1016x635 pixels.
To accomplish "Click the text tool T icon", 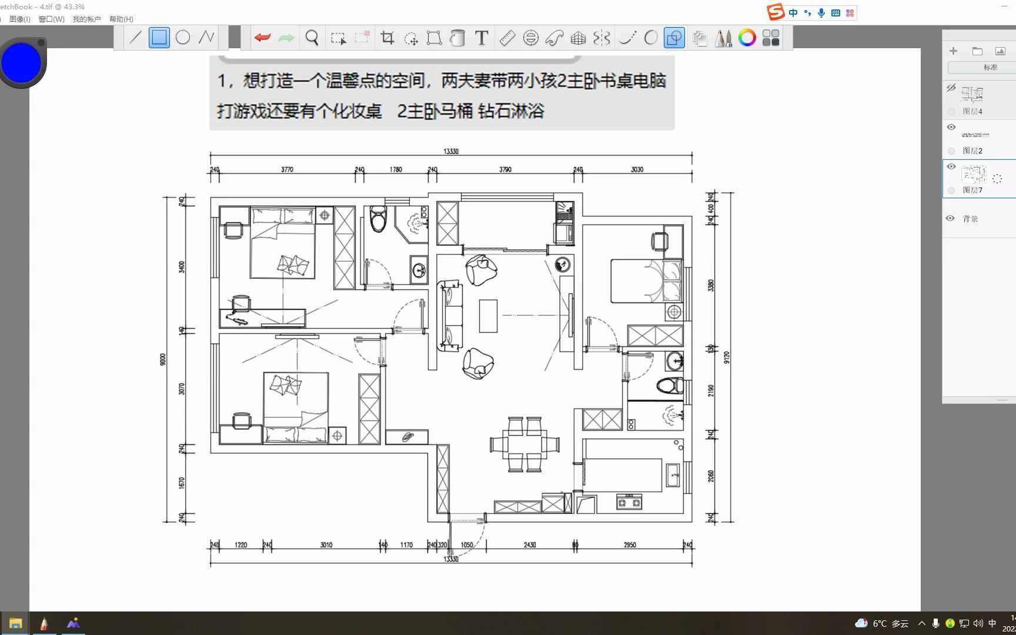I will point(482,38).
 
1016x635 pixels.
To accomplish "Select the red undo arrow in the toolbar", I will point(262,38).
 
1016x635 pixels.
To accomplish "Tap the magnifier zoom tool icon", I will point(312,38).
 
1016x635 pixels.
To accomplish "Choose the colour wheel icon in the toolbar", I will point(747,38).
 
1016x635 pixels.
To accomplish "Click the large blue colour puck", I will point(21,63).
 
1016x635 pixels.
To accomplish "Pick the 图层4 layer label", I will point(972,111).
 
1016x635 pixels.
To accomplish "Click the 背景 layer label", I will point(970,219).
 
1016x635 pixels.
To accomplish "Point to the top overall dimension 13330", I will point(451,152).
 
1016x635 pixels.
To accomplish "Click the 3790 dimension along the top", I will point(505,169).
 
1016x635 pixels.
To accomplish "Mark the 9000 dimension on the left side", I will point(163,359).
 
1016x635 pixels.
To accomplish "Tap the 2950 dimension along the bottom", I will point(630,545).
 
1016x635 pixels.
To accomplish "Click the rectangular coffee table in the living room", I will point(488,316).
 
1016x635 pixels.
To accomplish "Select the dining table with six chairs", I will point(524,444).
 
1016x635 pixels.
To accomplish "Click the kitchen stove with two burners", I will point(629,502).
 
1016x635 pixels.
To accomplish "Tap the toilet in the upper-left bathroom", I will point(378,219).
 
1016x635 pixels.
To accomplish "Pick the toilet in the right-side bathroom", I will point(670,386).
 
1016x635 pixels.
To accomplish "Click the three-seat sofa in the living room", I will point(449,316).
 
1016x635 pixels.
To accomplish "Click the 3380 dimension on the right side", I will point(711,285).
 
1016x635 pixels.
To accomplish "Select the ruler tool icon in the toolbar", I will point(507,38).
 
